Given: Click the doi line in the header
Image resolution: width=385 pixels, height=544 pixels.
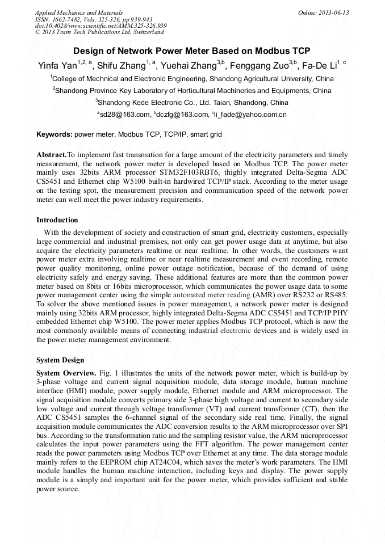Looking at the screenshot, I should [101, 26].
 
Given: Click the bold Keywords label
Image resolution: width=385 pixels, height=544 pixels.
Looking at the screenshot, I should [54, 134].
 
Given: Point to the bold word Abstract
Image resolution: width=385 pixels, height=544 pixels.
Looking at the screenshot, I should [51, 155].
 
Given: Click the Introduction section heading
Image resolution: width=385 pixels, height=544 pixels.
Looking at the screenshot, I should [57, 220].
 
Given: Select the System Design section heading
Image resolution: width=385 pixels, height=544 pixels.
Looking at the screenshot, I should [60, 360].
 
